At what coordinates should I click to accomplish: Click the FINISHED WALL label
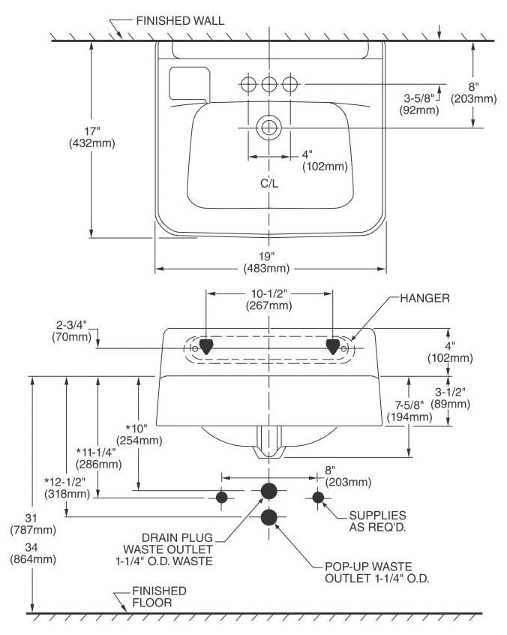(x=180, y=21)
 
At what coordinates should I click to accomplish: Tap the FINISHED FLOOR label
(x=160, y=597)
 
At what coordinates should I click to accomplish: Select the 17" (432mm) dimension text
(x=92, y=137)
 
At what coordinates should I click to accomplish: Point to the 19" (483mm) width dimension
(x=267, y=262)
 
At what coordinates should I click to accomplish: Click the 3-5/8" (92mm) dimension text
(x=419, y=104)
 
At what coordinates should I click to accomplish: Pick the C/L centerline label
(x=269, y=183)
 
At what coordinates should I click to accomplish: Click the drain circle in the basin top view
(x=269, y=128)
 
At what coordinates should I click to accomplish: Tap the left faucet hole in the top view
(x=248, y=85)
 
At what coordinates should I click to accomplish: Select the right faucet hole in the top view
(x=289, y=85)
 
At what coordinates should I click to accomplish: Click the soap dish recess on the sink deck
(x=189, y=83)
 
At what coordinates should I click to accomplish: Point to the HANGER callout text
(x=424, y=299)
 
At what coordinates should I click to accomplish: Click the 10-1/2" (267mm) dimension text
(x=269, y=299)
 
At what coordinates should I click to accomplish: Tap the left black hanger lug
(x=206, y=347)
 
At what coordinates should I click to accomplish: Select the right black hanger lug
(x=333, y=347)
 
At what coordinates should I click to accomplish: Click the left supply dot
(x=222, y=497)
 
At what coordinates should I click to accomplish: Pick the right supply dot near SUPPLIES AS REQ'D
(x=319, y=497)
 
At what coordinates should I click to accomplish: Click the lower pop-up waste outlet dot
(x=269, y=517)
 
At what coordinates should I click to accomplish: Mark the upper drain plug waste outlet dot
(x=269, y=491)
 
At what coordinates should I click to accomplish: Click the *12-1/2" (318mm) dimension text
(x=66, y=488)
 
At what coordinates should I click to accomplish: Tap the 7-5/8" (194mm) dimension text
(x=409, y=411)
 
